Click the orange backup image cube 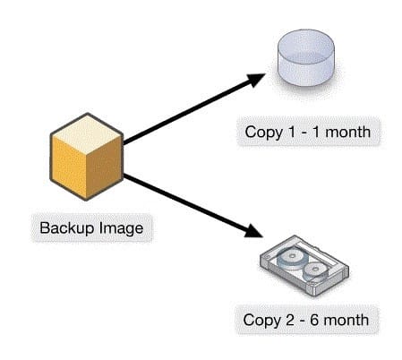(87, 157)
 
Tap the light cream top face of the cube (87, 134)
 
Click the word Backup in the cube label (67, 228)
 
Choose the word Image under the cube (121, 228)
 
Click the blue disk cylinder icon (306, 57)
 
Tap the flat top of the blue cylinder (306, 44)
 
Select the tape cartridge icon (304, 266)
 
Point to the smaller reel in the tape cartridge (315, 270)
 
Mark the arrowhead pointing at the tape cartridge (252, 231)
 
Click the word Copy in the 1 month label (263, 133)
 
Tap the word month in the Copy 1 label (348, 132)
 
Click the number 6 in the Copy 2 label (314, 320)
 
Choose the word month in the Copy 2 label (346, 320)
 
